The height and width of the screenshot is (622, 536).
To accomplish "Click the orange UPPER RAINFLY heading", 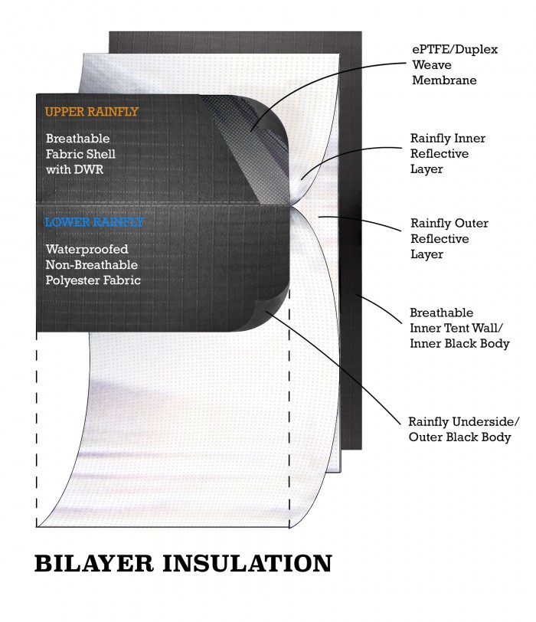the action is pyautogui.click(x=92, y=112).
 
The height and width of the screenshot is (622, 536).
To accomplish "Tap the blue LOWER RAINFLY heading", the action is pyautogui.click(x=94, y=221).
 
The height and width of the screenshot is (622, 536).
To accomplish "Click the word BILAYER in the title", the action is pyautogui.click(x=94, y=563).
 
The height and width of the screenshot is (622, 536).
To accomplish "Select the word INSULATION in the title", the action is pyautogui.click(x=247, y=563).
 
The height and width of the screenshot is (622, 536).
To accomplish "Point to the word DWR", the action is pyautogui.click(x=87, y=169).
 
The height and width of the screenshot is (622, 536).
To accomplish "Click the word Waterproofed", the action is pyautogui.click(x=87, y=249).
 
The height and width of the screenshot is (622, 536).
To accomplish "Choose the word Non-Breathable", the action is pyautogui.click(x=92, y=264).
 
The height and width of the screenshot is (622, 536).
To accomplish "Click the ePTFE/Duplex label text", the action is pyautogui.click(x=455, y=50).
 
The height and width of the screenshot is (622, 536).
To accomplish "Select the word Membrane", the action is pyautogui.click(x=444, y=80).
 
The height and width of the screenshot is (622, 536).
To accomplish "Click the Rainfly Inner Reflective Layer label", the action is pyautogui.click(x=448, y=153).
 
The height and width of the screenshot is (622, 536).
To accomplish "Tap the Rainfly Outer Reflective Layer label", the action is pyautogui.click(x=449, y=238).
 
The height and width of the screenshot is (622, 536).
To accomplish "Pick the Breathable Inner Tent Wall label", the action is pyautogui.click(x=459, y=328).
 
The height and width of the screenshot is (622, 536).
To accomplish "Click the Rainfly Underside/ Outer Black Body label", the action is pyautogui.click(x=463, y=429).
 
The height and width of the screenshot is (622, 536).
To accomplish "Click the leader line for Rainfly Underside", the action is pyautogui.click(x=334, y=365).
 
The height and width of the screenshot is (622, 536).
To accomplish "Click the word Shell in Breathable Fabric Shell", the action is pyautogui.click(x=103, y=154).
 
